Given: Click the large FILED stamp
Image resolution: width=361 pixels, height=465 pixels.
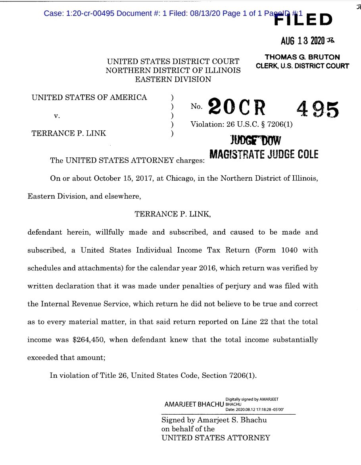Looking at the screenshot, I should pyautogui.click(x=303, y=20).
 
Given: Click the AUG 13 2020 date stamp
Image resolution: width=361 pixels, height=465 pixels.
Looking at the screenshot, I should pyautogui.click(x=303, y=41).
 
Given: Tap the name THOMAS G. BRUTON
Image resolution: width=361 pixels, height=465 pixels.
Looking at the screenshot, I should pyautogui.click(x=302, y=57).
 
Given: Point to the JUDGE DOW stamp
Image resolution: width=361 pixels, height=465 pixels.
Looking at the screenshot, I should pyautogui.click(x=255, y=140).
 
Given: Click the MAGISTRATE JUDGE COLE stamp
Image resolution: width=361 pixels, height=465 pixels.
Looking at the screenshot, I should pyautogui.click(x=263, y=154).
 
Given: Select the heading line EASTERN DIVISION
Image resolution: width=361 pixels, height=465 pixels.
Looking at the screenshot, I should pyautogui.click(x=173, y=79).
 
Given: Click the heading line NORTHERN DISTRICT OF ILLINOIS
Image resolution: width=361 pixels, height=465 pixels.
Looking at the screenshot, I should pyautogui.click(x=173, y=71).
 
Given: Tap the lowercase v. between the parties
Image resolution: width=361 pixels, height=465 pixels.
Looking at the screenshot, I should pyautogui.click(x=57, y=116).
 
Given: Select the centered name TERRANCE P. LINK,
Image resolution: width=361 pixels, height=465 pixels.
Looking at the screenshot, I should pyautogui.click(x=173, y=214).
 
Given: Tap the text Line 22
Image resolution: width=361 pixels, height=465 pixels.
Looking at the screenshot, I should pyautogui.click(x=254, y=322).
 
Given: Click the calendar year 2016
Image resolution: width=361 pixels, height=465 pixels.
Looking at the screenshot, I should pyautogui.click(x=203, y=268).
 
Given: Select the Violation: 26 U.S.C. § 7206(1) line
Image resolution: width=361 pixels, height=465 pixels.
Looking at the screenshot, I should pyautogui.click(x=241, y=124).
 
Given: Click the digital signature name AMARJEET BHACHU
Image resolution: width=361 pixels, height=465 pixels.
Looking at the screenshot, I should pyautogui.click(x=194, y=405).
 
